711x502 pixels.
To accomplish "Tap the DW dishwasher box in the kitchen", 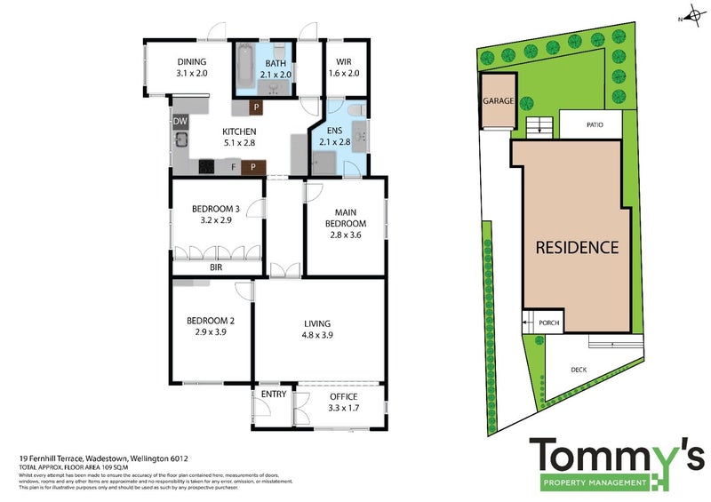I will pyautogui.click(x=180, y=122).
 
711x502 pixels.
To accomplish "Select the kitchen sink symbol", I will pyautogui.click(x=180, y=139).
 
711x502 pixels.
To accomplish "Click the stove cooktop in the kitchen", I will pyautogui.click(x=208, y=165).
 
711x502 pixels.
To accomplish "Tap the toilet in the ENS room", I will pyautogui.click(x=355, y=110).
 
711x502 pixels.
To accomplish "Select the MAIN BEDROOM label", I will pyautogui.click(x=347, y=218).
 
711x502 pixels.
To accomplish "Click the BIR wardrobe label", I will pyautogui.click(x=216, y=266).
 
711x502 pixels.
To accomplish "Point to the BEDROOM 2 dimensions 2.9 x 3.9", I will pyautogui.click(x=210, y=333).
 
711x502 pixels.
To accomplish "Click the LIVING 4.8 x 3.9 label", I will pyautogui.click(x=318, y=329).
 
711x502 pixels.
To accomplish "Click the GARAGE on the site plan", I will pyautogui.click(x=498, y=101).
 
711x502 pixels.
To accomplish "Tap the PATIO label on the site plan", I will pyautogui.click(x=595, y=125).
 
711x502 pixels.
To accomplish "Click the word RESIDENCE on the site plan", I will pyautogui.click(x=576, y=247).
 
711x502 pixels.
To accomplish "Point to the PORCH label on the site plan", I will pyautogui.click(x=549, y=323).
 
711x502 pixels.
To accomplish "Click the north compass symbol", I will pyautogui.click(x=688, y=16).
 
